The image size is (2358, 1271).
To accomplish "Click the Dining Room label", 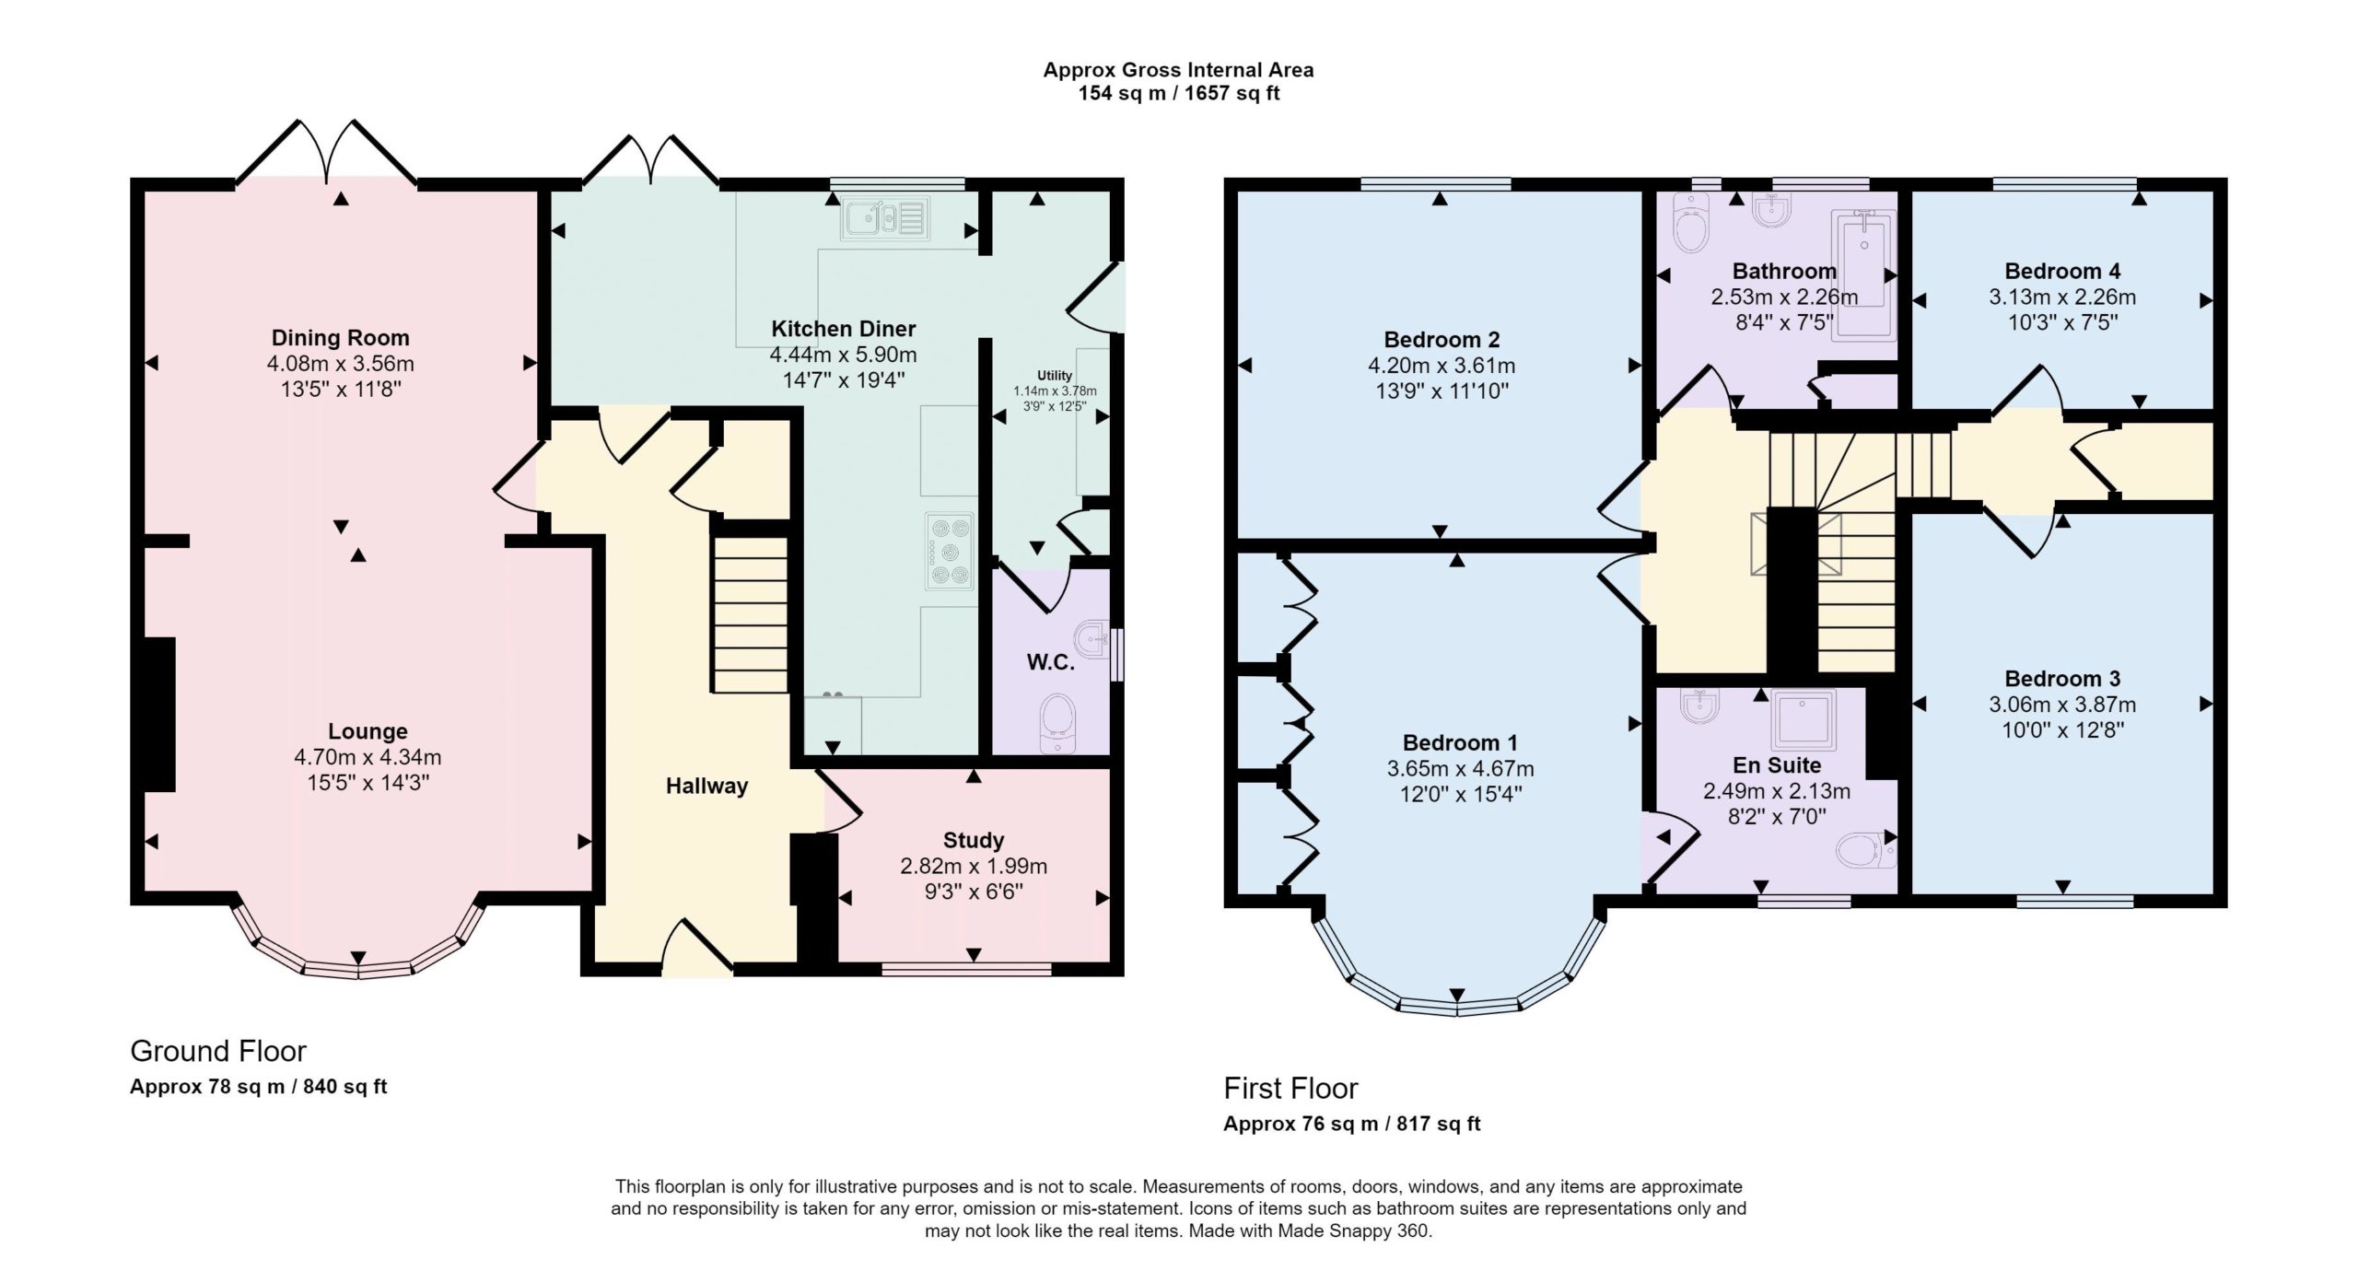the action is (x=340, y=338).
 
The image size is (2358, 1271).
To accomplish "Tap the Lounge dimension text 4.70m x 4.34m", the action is (x=368, y=757).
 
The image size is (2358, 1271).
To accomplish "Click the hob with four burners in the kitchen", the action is (x=950, y=551).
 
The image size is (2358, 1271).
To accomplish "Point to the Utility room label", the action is (x=1055, y=376).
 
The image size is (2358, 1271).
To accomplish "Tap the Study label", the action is (x=974, y=840).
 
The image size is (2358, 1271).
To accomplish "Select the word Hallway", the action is (x=706, y=786).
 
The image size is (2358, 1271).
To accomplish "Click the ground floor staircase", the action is (x=751, y=614).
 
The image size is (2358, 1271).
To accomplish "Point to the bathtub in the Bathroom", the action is (x=1862, y=276).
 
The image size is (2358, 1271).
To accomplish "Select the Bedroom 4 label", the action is (x=2062, y=271).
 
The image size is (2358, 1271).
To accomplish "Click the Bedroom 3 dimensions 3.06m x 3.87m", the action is (x=2062, y=705).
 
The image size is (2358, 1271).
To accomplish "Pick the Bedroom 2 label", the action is (x=1442, y=339).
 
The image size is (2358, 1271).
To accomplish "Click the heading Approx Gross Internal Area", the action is (x=1178, y=70).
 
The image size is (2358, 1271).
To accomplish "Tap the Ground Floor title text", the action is (x=218, y=1051).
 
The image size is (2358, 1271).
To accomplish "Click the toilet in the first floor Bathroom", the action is (x=1690, y=224).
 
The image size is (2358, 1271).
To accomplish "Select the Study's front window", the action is (x=966, y=969).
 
